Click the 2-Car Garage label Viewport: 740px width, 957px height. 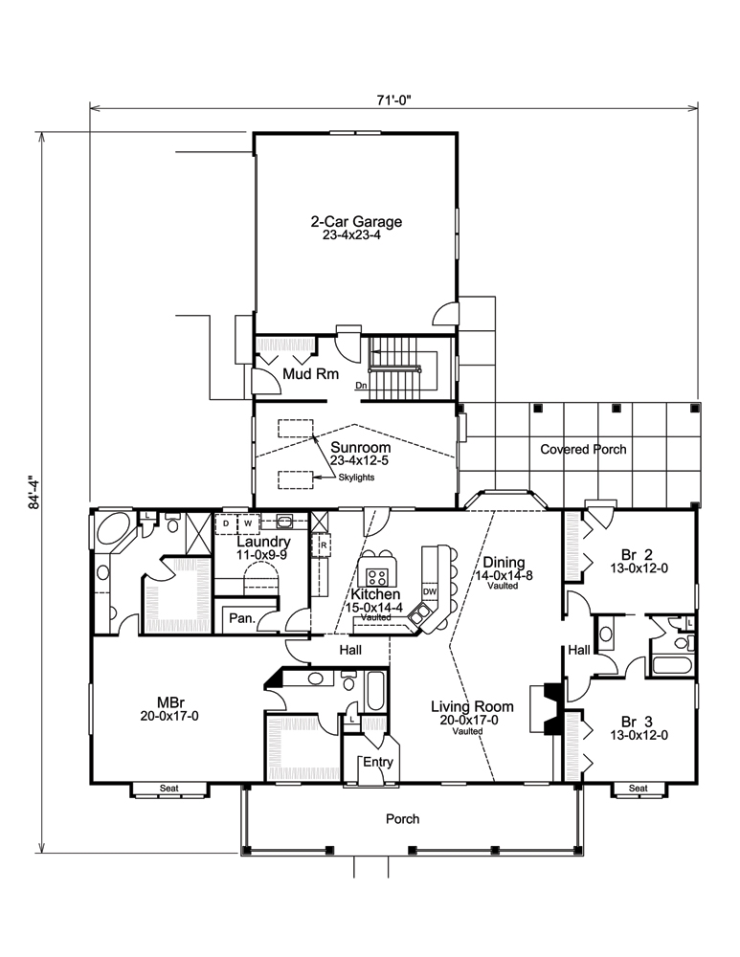pyautogui.click(x=355, y=222)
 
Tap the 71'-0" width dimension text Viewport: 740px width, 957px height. pyautogui.click(x=394, y=99)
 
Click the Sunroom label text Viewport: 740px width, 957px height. pyautogui.click(x=354, y=447)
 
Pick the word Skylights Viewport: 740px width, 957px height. pyautogui.click(x=355, y=476)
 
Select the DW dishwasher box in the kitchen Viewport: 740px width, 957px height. pyautogui.click(x=430, y=591)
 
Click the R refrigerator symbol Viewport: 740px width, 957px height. pyautogui.click(x=325, y=546)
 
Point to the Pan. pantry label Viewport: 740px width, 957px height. pyautogui.click(x=241, y=618)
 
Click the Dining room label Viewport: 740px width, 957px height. pyautogui.click(x=501, y=563)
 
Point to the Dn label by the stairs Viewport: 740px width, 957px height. pyautogui.click(x=361, y=386)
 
